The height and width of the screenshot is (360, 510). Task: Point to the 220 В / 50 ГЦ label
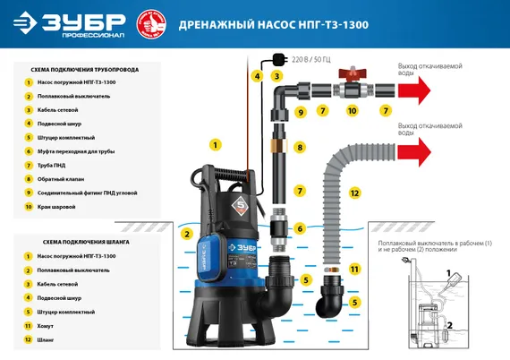(x=310, y=59)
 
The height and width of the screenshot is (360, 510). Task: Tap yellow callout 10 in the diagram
(x=351, y=111)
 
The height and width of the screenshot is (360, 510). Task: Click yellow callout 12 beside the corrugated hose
(x=354, y=193)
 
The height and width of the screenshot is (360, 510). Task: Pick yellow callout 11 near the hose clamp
(x=354, y=269)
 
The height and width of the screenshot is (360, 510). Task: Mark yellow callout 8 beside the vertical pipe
(x=301, y=147)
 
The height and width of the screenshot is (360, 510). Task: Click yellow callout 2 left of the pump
(x=187, y=234)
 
